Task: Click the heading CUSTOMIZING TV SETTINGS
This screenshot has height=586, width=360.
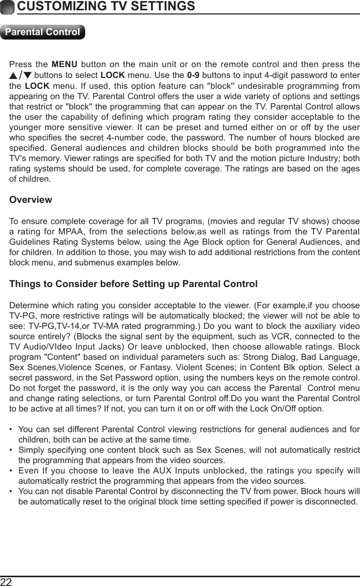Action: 106,7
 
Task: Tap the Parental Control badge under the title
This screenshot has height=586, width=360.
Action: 42,32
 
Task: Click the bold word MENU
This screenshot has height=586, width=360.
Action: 65,65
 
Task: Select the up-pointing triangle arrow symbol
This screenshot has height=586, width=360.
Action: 13,75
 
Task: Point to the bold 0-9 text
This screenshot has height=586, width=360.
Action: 193,75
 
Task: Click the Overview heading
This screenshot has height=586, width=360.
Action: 31,200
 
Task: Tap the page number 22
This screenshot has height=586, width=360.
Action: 7,582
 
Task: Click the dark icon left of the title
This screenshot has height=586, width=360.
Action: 7,7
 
